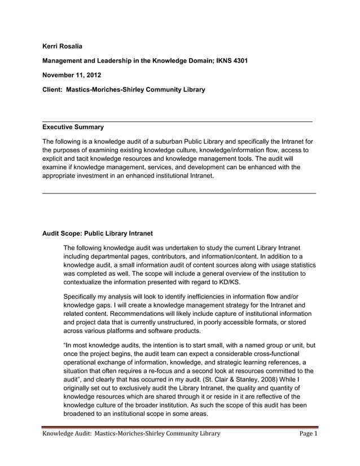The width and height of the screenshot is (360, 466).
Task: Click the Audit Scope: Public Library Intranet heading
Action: tap(98, 233)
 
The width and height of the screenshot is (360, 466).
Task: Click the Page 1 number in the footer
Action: tap(308, 434)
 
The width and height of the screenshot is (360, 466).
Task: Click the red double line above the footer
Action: tap(181, 427)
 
